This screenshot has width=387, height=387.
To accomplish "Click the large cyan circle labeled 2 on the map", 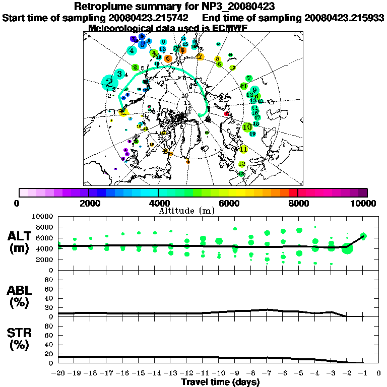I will [x=109, y=82].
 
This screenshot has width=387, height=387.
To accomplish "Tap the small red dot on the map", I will [x=227, y=114].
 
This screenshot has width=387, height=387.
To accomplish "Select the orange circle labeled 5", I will [x=168, y=58].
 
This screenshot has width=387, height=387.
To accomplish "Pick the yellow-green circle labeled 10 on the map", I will [x=247, y=127].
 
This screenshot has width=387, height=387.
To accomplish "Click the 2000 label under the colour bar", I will [x=89, y=203].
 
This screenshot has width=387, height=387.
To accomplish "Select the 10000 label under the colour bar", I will [x=364, y=203].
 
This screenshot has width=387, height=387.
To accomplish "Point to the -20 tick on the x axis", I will [x=58, y=373].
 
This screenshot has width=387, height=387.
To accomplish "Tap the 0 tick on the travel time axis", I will [x=378, y=373].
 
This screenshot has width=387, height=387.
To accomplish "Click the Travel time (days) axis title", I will [x=220, y=382].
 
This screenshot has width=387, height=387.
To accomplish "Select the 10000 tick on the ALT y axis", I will [x=43, y=216].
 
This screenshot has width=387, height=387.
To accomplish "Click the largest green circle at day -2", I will [x=347, y=248].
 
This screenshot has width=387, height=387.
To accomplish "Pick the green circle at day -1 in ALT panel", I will [x=363, y=236].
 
